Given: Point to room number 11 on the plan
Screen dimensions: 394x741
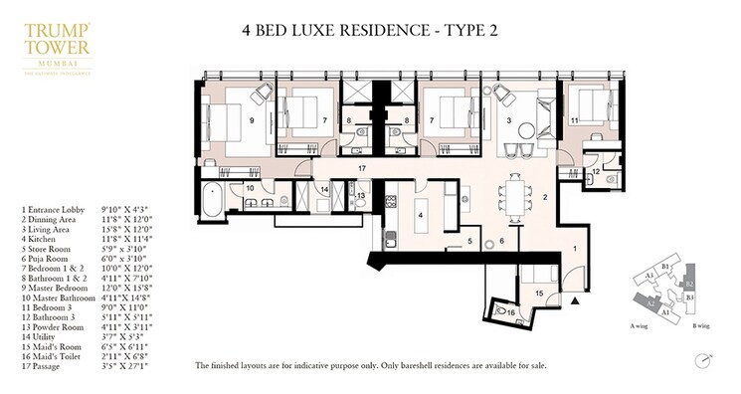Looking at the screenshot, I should (x=575, y=121).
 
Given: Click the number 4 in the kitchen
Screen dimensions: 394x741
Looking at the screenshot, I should (x=420, y=215).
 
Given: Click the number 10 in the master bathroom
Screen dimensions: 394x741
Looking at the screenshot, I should (x=251, y=187).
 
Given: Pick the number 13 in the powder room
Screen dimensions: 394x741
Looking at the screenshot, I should (x=360, y=197).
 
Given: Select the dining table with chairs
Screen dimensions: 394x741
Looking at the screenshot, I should (x=514, y=195).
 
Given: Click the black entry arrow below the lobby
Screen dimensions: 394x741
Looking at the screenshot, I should (x=576, y=300).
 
